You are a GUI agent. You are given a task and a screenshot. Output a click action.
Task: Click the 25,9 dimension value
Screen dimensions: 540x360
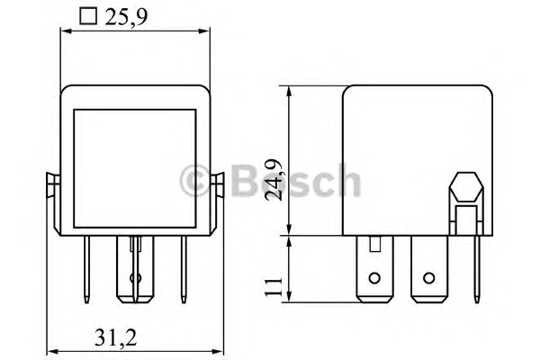tap(126, 16)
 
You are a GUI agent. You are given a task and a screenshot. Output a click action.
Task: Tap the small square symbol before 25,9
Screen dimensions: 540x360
tap(88, 16)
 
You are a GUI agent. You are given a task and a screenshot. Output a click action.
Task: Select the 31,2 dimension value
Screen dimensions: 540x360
tap(116, 337)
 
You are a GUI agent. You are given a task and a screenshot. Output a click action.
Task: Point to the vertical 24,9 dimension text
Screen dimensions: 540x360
tap(274, 179)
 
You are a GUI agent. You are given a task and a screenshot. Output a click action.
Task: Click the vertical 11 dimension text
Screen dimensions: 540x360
tap(274, 285)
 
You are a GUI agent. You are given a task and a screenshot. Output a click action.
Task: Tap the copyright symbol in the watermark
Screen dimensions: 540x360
tap(195, 181)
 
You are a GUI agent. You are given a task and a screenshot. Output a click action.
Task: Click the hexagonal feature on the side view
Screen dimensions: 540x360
tap(466, 187)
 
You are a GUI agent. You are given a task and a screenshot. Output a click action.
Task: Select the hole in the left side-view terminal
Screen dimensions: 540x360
tap(374, 278)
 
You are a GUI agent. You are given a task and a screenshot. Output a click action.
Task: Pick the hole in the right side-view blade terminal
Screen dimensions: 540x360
tap(428, 278)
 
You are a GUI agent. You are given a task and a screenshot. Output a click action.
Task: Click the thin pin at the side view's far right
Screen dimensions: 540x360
tap(477, 269)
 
